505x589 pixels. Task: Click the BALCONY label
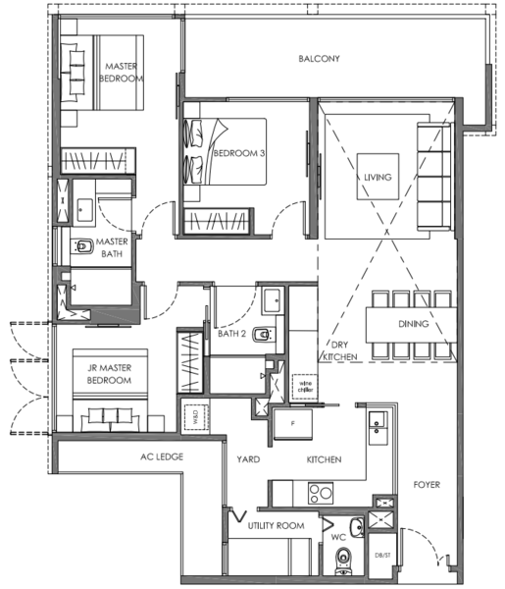(319, 59)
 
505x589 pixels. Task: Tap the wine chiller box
(305, 387)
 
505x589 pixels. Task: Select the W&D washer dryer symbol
(196, 418)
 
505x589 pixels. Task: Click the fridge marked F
(293, 424)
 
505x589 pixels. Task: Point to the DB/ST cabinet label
(382, 556)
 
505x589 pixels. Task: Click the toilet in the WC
(343, 561)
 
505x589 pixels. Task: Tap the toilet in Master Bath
(82, 246)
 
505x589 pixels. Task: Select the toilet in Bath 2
(264, 334)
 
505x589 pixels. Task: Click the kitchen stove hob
(321, 493)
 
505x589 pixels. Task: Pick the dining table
(411, 325)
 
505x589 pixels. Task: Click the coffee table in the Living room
(378, 177)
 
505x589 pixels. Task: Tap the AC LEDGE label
(162, 456)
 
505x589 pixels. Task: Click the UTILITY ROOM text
(276, 525)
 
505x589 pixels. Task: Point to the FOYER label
(427, 485)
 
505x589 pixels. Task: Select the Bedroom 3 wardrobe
(217, 221)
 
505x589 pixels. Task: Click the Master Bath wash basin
(85, 210)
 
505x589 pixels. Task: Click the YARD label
(248, 459)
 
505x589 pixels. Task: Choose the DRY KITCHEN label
(340, 350)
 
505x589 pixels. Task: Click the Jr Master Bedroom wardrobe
(190, 361)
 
